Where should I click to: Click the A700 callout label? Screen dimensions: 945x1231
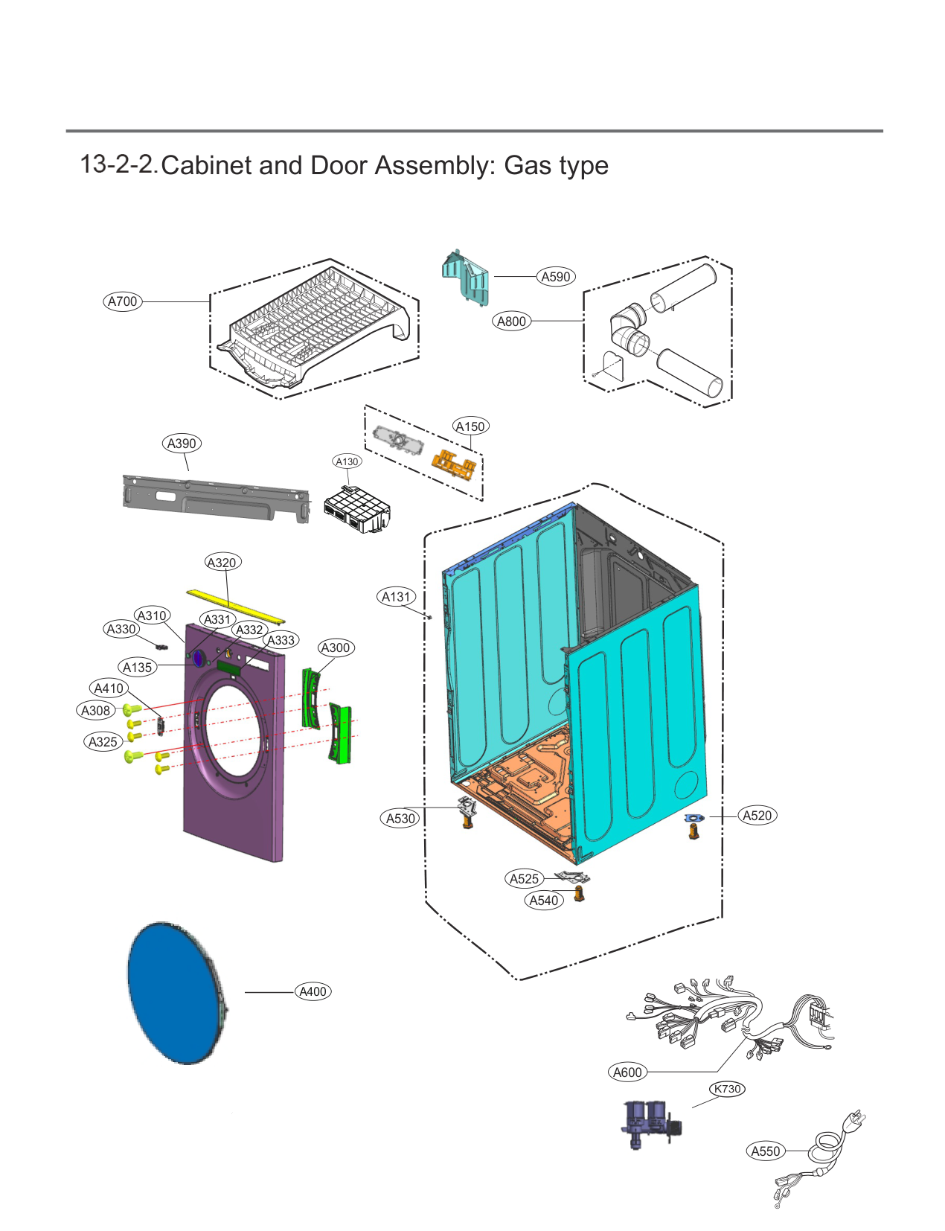point(122,301)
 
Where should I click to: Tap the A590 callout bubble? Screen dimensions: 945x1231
point(555,276)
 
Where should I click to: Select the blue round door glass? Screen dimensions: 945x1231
point(176,993)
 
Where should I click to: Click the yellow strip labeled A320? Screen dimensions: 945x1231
point(236,606)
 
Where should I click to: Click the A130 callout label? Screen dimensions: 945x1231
point(347,461)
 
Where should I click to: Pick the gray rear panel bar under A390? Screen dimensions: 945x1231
point(217,498)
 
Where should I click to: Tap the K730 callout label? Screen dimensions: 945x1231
point(727,1089)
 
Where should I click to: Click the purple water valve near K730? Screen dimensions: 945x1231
point(651,1125)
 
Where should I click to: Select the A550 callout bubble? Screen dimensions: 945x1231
point(766,1151)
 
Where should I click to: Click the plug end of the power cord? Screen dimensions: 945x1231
point(854,1120)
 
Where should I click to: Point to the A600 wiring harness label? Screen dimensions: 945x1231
point(627,1072)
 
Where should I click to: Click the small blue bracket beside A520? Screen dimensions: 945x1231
point(693,817)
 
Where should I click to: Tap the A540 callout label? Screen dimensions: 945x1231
point(543,901)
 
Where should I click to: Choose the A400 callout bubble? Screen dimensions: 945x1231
point(313,992)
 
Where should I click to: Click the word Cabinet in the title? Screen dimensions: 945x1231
point(206,166)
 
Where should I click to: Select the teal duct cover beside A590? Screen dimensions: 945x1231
point(465,278)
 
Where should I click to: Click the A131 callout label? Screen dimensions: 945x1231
point(396,597)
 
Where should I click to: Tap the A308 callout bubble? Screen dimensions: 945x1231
point(96,710)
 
